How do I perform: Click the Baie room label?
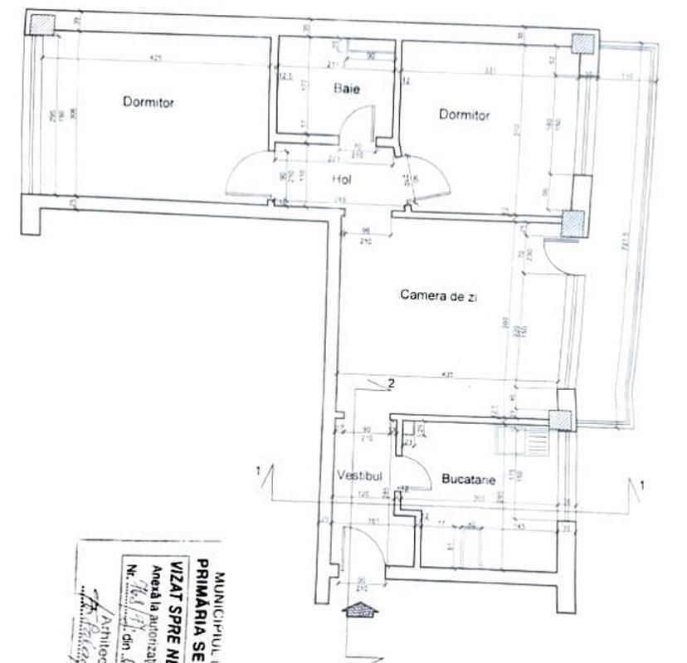tap(347, 89)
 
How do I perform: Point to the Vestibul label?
tap(359, 476)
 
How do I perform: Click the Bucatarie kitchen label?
tap(469, 480)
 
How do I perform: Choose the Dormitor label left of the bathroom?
tap(149, 102)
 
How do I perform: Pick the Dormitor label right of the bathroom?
tap(464, 115)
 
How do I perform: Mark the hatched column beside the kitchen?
tap(566, 422)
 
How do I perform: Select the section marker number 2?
tap(389, 383)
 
